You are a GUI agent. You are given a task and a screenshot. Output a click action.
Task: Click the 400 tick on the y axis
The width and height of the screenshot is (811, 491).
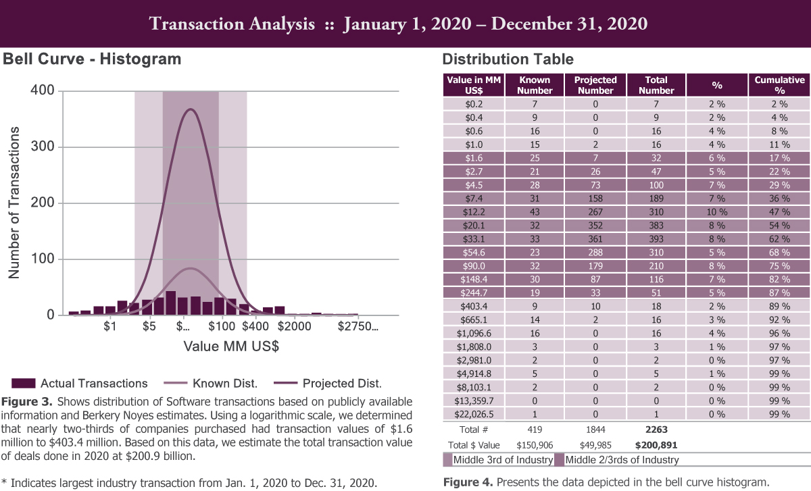(x=43, y=91)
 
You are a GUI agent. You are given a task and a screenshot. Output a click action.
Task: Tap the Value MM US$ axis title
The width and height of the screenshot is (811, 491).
(x=231, y=346)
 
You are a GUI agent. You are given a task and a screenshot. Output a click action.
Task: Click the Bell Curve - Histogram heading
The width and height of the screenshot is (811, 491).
(x=93, y=59)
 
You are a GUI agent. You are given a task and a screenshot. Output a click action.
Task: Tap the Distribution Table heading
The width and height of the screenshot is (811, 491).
(x=508, y=59)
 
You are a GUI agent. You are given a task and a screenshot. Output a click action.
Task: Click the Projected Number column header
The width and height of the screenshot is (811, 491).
(x=595, y=85)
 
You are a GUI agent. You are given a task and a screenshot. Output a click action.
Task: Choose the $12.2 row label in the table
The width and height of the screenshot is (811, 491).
(x=474, y=211)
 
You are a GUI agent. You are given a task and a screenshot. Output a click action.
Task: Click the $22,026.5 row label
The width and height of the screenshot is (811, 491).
(x=474, y=413)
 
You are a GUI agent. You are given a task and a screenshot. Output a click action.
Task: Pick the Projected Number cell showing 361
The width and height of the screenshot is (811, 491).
(x=595, y=238)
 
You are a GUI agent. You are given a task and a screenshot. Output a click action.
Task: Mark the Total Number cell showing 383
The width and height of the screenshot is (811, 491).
(x=656, y=225)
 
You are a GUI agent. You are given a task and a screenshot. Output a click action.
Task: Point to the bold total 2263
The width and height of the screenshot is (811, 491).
(x=656, y=428)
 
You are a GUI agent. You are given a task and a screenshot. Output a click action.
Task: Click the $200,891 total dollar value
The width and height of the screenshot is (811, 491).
(x=656, y=444)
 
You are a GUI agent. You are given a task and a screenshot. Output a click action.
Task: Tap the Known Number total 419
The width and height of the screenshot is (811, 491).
(x=534, y=428)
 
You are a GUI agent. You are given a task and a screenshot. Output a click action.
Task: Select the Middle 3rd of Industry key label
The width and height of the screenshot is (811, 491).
(x=497, y=460)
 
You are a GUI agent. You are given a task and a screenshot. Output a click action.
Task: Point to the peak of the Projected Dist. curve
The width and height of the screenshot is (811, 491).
(x=191, y=109)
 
